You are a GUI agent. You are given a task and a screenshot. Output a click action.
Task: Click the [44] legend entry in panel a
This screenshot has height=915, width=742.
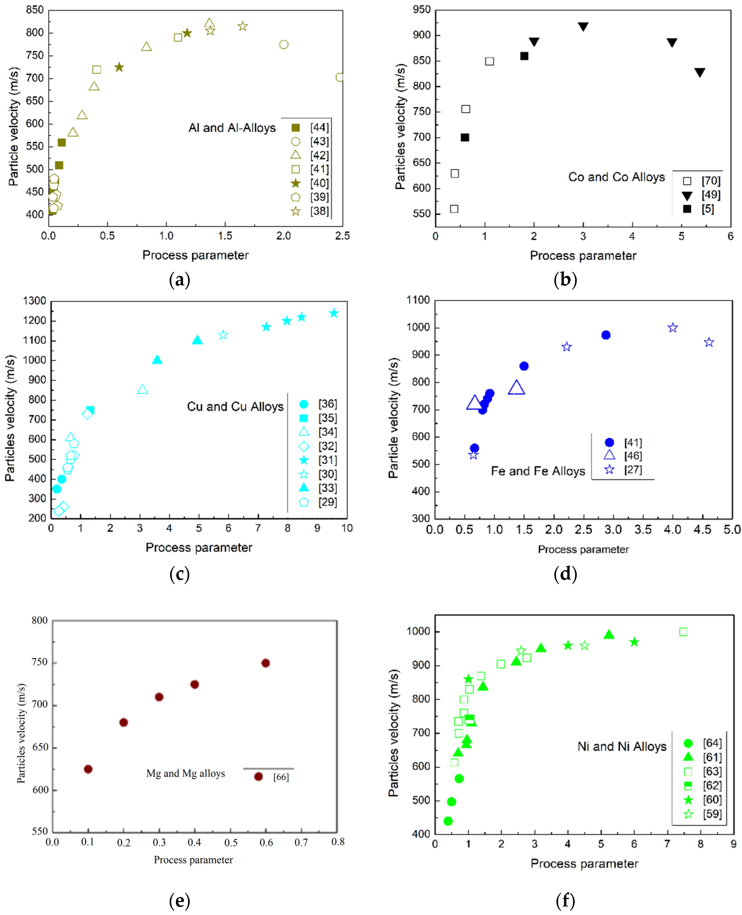click(319, 127)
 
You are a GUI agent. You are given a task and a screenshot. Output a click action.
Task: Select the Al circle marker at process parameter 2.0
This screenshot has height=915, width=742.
click(283, 45)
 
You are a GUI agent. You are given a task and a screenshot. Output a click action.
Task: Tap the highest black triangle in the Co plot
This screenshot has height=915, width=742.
click(583, 27)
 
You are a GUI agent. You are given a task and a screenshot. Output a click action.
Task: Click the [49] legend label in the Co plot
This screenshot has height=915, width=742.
click(711, 195)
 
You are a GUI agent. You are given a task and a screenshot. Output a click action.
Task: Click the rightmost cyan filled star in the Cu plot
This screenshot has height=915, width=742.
click(334, 313)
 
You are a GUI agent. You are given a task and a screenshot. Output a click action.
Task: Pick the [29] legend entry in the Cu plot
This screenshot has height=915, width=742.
click(327, 502)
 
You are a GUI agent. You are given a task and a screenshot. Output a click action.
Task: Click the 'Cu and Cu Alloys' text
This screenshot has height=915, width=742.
click(235, 406)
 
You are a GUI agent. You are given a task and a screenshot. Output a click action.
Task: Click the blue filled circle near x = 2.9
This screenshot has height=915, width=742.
click(606, 335)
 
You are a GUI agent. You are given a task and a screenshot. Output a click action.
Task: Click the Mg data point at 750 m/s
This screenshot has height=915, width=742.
click(265, 663)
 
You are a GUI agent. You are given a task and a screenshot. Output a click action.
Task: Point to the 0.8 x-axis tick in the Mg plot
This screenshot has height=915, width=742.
click(338, 842)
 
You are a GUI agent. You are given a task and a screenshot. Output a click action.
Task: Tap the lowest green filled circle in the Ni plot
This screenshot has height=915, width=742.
click(448, 821)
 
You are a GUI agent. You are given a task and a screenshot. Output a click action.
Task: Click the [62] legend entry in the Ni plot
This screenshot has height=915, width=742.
click(712, 786)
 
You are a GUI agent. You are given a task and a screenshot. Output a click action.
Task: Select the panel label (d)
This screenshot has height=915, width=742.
click(565, 574)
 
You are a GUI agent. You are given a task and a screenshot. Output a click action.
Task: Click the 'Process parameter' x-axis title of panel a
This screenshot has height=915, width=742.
click(195, 255)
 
